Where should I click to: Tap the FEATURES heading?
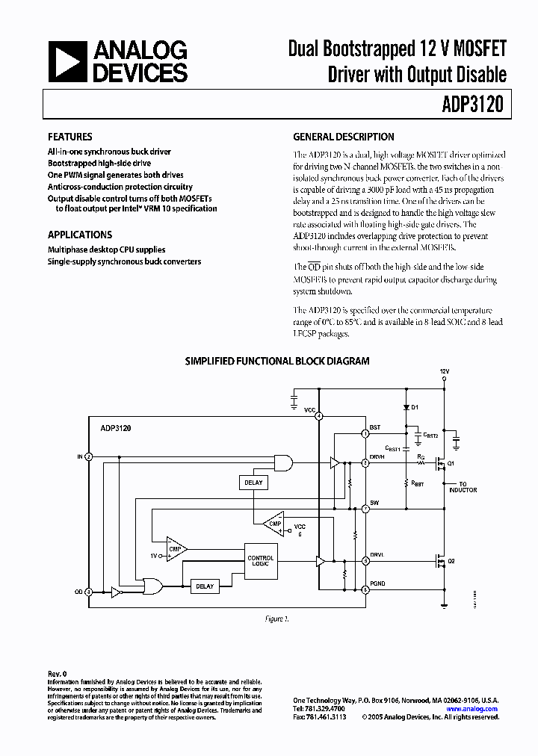(70, 137)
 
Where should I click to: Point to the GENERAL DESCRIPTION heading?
(344, 137)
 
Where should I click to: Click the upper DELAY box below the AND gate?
(253, 483)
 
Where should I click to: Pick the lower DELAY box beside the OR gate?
(205, 586)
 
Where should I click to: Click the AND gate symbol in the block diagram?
(284, 463)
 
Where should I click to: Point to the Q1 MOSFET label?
(451, 463)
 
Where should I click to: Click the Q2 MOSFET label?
(451, 560)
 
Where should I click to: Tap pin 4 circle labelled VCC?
(318, 415)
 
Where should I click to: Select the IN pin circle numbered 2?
(88, 456)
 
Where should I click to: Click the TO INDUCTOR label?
(463, 486)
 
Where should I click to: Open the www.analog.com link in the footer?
(471, 709)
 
